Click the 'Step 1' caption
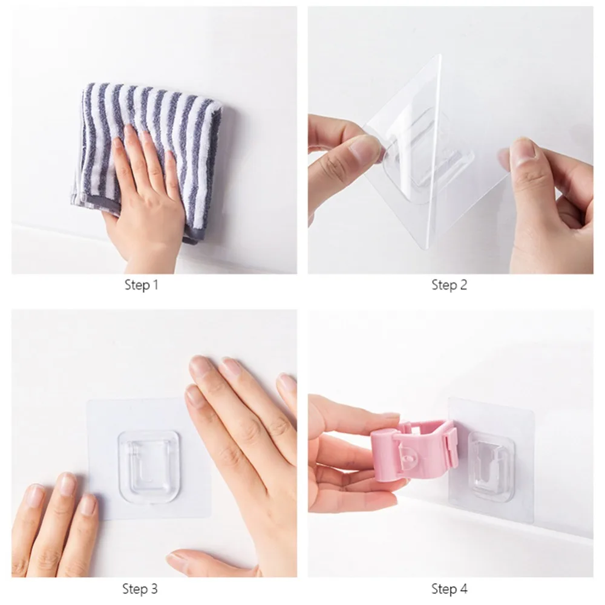[x=141, y=285]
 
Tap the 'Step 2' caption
[x=449, y=285]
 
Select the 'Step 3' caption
[x=140, y=589]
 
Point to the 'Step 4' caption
[x=449, y=589]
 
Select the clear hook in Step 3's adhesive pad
[x=149, y=467]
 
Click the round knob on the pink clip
[x=405, y=458]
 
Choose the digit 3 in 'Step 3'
[x=154, y=589]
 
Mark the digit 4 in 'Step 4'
[x=463, y=589]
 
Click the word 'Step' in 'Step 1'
[x=137, y=285]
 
